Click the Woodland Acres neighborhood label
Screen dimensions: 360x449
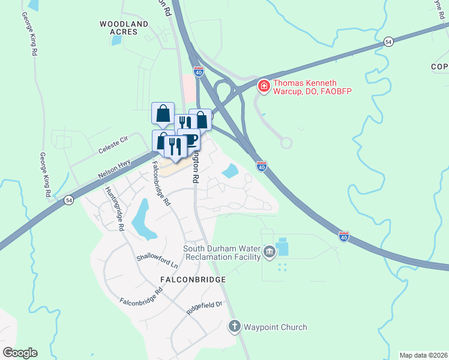tap(124, 28)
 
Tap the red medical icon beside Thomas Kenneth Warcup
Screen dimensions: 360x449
tap(263, 87)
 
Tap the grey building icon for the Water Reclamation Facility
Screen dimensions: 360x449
tap(269, 251)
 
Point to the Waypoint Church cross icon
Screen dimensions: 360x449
tap(234, 327)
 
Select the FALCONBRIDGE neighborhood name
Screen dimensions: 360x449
tap(193, 280)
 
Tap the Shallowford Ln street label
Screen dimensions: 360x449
tap(158, 261)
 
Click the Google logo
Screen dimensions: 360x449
tap(20, 353)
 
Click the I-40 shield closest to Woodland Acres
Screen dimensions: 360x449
tap(199, 71)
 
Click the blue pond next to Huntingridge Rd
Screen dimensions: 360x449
tap(140, 218)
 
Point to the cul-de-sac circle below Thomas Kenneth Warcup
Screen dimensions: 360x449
tap(286, 143)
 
